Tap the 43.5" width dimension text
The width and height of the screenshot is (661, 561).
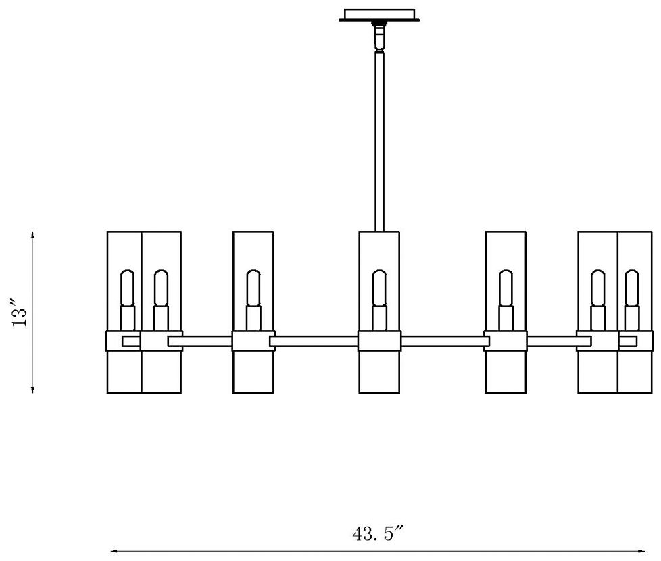(x=378, y=533)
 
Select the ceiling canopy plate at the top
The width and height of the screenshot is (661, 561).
(x=378, y=15)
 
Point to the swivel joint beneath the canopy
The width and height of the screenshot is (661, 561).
(x=378, y=37)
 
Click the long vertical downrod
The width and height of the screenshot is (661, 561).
(x=378, y=142)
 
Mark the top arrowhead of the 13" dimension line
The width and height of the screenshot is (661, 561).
(x=32, y=234)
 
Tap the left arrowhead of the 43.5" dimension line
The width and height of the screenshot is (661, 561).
(x=114, y=551)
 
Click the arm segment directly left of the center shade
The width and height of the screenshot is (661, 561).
(x=314, y=341)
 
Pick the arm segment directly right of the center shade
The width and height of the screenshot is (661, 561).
(x=443, y=341)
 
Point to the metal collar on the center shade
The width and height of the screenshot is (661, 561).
(x=379, y=341)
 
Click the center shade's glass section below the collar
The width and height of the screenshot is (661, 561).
(x=379, y=372)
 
